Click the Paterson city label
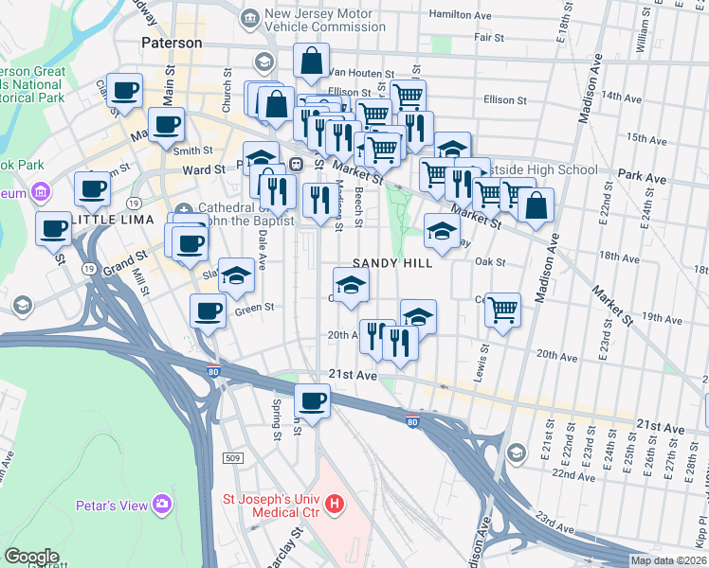tap(172, 43)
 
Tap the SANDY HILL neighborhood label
tap(393, 263)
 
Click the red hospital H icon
tap(335, 506)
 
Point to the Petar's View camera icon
tap(163, 505)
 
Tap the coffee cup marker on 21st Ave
tap(313, 400)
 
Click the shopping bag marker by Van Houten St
tap(311, 62)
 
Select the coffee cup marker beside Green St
tap(209, 311)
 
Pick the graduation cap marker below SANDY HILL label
tap(351, 285)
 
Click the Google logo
tap(31, 557)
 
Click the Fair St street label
tap(489, 38)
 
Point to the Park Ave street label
tap(641, 176)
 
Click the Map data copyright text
tap(667, 560)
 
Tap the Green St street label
tap(254, 308)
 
